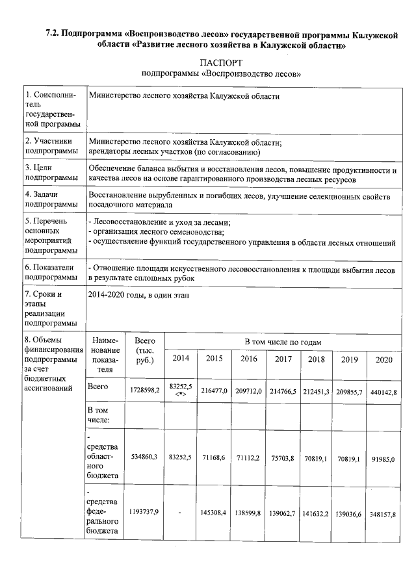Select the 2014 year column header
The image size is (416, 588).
(x=181, y=359)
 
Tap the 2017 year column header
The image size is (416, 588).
(x=283, y=359)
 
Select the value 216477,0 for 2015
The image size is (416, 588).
(x=214, y=392)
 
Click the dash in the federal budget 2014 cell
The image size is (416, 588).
(x=180, y=514)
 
